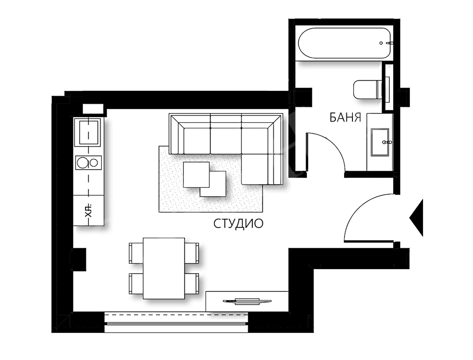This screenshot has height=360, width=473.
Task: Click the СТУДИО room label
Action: [x=238, y=223]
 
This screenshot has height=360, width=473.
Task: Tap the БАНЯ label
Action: [x=346, y=117]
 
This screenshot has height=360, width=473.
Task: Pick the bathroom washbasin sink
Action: [x=380, y=142]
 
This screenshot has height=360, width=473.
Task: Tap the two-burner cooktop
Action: [x=88, y=163]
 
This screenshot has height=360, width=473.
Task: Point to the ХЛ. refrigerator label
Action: [x=89, y=211]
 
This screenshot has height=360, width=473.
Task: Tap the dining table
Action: [x=164, y=268]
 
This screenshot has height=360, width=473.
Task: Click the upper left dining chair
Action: [x=136, y=253]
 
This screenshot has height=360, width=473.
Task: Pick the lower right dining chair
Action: [x=192, y=283]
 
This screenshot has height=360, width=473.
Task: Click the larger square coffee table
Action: [x=196, y=175]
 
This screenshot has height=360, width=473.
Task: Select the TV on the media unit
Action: [x=247, y=301]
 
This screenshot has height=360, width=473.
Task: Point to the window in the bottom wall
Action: [x=176, y=323]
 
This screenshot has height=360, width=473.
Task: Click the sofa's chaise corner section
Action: [x=262, y=169]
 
